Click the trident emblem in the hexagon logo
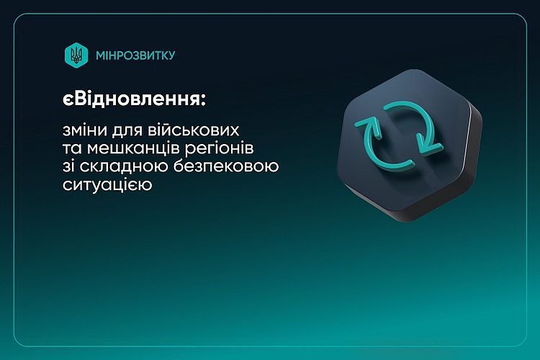(x=76, y=55)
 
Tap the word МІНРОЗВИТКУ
(x=135, y=55)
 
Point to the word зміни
(x=83, y=130)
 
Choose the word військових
(x=194, y=130)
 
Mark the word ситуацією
(x=107, y=185)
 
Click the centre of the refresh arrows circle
(x=400, y=136)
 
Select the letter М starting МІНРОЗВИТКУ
(x=101, y=55)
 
